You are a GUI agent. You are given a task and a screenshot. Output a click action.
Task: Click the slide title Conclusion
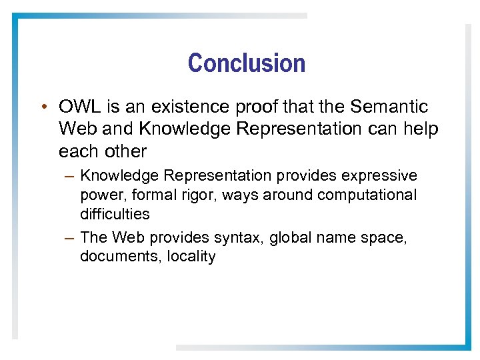click(x=247, y=63)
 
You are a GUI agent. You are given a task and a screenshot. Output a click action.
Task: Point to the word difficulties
click(x=115, y=214)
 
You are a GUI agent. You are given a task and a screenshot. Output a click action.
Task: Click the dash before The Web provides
click(x=70, y=237)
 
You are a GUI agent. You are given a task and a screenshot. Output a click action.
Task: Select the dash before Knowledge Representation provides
click(x=70, y=176)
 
